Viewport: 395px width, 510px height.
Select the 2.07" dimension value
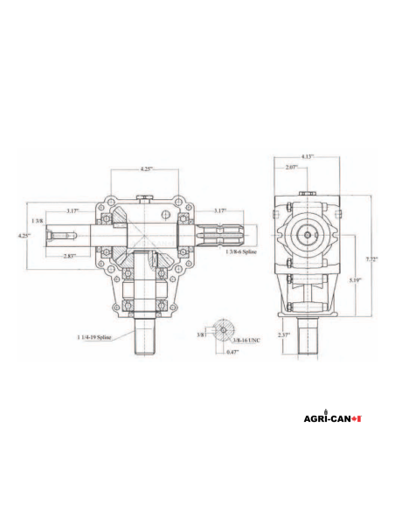coord(290,167)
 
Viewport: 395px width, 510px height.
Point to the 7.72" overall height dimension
coord(371,259)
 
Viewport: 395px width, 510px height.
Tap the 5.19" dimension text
coord(353,279)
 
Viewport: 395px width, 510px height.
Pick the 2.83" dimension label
coord(70,256)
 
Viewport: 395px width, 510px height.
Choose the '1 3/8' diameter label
coord(37,222)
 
